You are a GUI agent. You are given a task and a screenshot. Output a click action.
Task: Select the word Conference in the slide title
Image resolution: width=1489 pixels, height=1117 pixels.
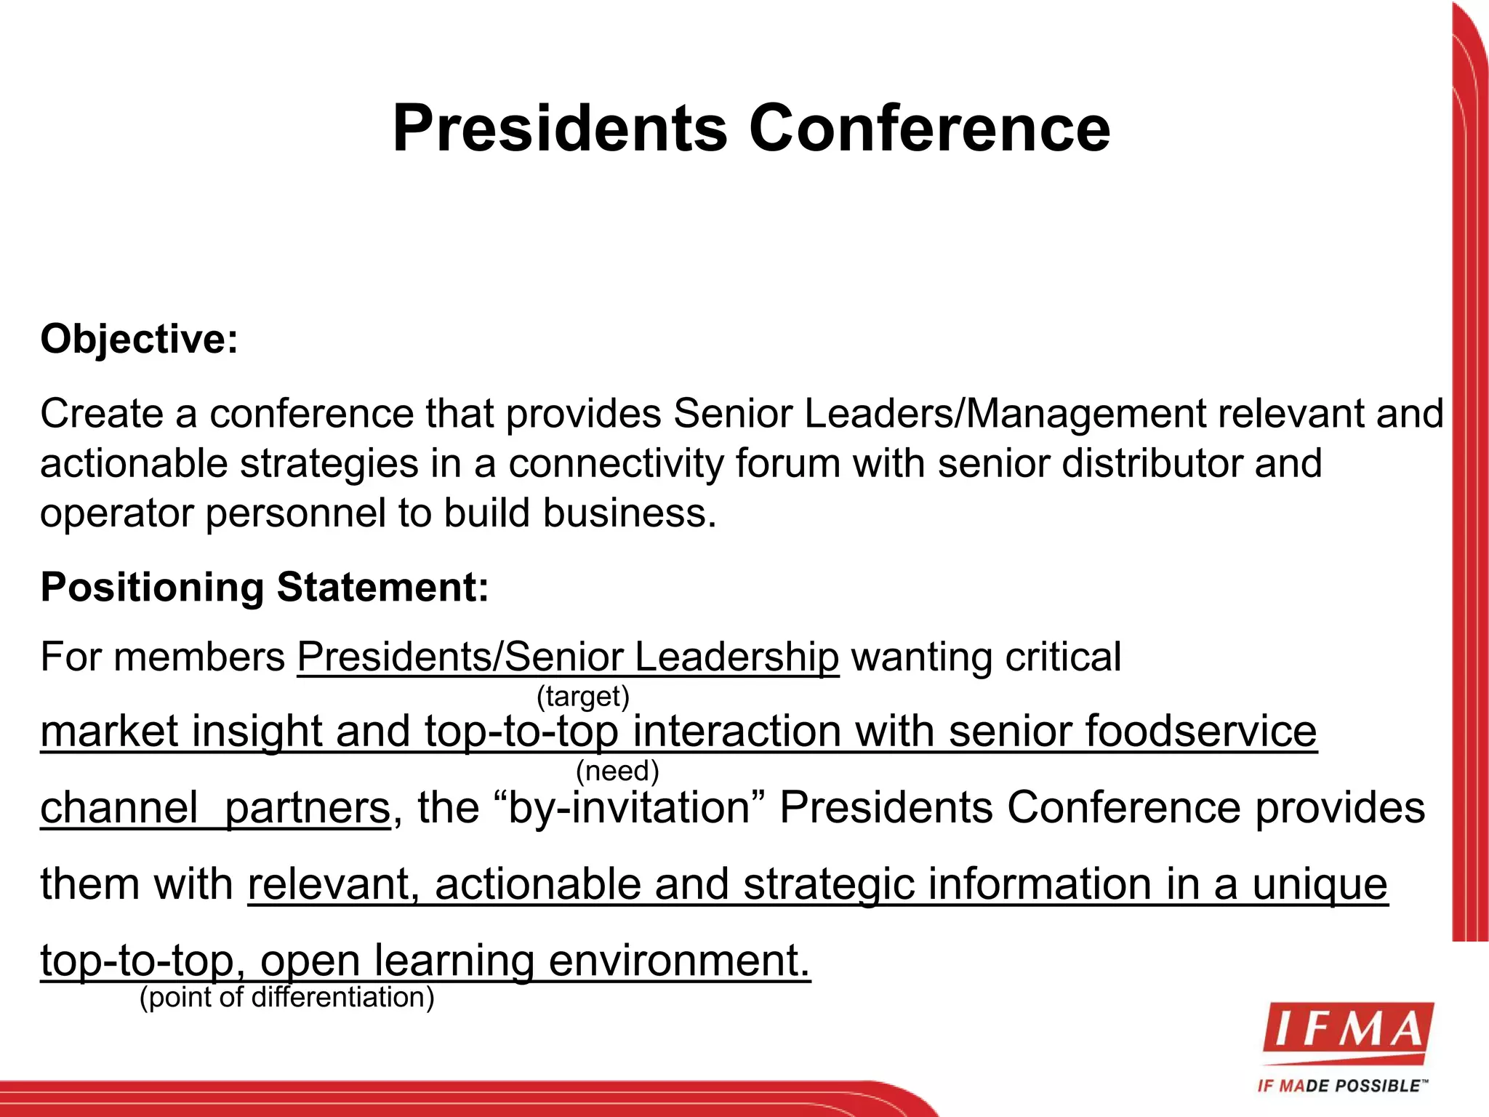click(929, 129)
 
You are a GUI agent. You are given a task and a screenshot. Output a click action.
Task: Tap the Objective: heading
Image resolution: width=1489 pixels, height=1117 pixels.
click(139, 340)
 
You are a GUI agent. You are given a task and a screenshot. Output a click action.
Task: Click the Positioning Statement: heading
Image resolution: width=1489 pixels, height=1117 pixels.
click(265, 588)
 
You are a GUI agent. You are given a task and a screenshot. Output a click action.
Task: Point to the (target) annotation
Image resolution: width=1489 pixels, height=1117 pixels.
click(582, 697)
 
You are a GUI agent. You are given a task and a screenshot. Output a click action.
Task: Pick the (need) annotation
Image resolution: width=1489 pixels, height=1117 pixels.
click(617, 771)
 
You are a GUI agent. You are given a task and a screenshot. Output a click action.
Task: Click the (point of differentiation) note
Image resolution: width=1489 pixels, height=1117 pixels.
click(286, 997)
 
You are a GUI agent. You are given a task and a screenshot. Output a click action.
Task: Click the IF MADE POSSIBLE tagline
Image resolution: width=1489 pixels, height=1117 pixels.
click(1342, 1086)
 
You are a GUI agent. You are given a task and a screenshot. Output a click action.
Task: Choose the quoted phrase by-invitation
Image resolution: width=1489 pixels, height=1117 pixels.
click(629, 808)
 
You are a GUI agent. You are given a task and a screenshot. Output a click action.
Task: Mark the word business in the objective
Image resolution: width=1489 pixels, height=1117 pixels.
click(629, 513)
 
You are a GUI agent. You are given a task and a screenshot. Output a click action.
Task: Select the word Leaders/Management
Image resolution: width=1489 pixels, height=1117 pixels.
click(1005, 414)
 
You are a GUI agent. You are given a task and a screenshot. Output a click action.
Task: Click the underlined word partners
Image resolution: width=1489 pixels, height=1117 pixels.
click(308, 808)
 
